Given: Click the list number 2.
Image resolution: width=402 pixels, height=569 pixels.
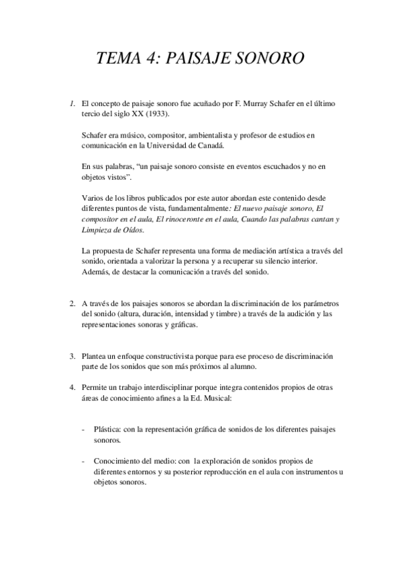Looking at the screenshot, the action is [72, 303].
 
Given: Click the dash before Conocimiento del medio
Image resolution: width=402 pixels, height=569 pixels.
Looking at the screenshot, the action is [83, 462].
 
